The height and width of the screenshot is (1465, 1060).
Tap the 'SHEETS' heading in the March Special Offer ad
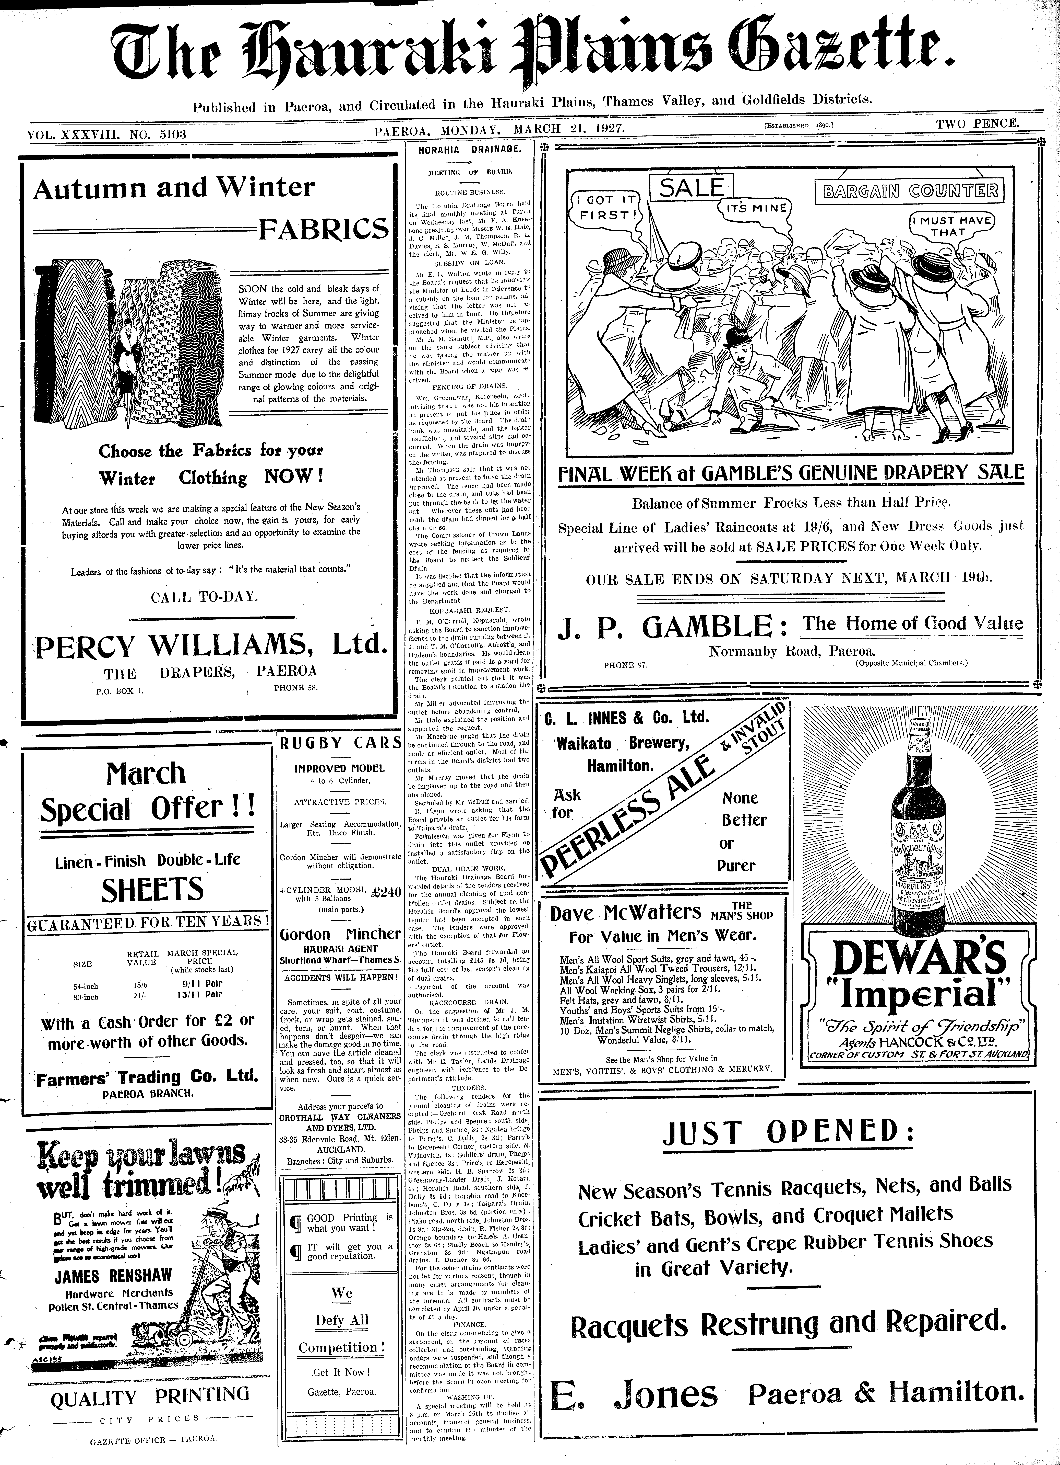(152, 890)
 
